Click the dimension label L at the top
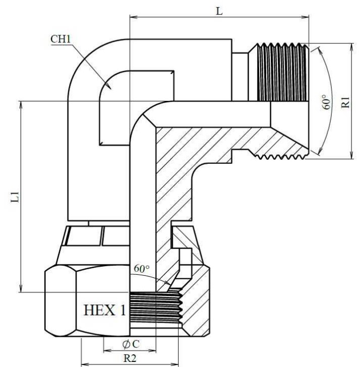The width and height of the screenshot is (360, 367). (219, 11)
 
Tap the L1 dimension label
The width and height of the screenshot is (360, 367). (15, 197)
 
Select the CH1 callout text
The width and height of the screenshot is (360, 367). (61, 39)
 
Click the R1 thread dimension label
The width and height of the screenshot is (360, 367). (345, 102)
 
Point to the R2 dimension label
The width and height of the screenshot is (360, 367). (130, 358)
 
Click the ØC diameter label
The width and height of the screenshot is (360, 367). (131, 344)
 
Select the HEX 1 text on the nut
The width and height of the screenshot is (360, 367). (105, 310)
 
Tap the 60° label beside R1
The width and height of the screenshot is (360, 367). (327, 102)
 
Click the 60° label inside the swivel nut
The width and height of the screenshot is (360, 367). (142, 269)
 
